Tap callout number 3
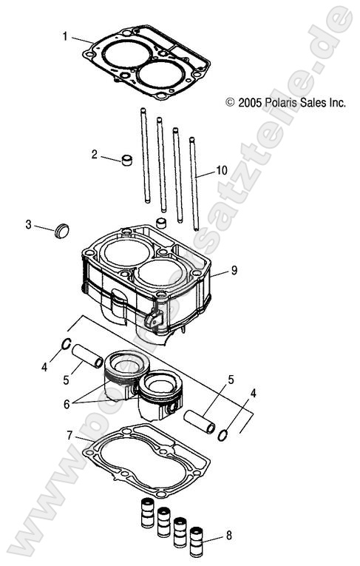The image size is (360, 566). (28, 224)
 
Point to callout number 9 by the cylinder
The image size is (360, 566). (234, 271)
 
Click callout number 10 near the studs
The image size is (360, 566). (222, 170)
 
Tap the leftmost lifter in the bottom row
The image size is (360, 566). (146, 511)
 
